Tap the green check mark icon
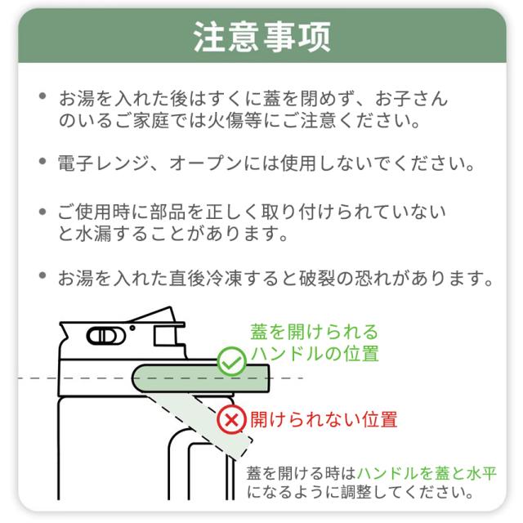(232, 360)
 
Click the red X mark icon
(233, 420)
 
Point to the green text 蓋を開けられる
(315, 332)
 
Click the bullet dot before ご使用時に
(42, 212)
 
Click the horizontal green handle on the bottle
(200, 378)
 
